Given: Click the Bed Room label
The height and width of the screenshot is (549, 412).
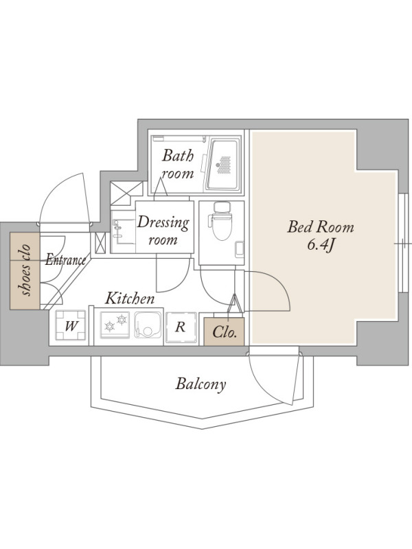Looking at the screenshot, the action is coord(321,228).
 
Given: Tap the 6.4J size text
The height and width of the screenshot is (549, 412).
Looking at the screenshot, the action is coord(320,246).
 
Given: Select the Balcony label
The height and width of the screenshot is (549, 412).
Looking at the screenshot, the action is coord(201,384).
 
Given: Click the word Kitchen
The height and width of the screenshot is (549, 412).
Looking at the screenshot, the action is coord(130,299).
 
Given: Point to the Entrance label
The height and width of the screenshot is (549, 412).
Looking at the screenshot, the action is coord(65,259).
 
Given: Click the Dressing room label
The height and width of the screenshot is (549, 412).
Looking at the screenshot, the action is coord(163,231).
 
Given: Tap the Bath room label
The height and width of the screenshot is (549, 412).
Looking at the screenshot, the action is coord(178,164).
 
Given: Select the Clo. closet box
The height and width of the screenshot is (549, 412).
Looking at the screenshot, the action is coord(224,331).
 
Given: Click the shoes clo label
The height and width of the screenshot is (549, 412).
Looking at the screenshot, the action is coord(25,271).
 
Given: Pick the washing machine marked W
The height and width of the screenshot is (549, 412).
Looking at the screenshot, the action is coord(71,325).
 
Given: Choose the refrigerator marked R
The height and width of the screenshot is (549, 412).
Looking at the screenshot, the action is coord(181,327).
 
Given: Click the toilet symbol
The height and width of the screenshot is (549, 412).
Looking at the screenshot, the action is coord(221,220).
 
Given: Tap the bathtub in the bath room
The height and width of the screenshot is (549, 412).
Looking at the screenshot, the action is coord(224,164).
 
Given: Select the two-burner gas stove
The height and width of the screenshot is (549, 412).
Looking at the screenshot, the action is coord(115,325).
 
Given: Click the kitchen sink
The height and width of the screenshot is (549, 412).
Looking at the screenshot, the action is coord(148,325).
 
